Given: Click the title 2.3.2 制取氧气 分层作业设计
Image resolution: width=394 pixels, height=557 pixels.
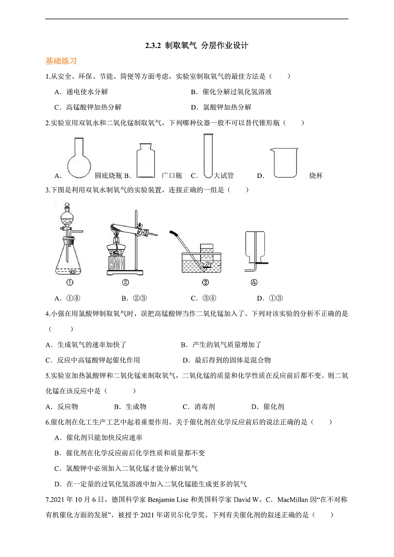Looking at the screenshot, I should pyautogui.click(x=197, y=45).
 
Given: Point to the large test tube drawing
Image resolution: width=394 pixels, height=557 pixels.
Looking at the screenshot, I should pyautogui.click(x=208, y=155).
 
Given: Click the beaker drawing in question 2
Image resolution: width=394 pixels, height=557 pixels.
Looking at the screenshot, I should pyautogui.click(x=284, y=162).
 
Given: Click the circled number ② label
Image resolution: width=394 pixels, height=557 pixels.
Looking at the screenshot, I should pyautogui.click(x=126, y=283).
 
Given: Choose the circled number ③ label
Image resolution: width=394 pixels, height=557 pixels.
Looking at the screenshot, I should pyautogui.click(x=205, y=283).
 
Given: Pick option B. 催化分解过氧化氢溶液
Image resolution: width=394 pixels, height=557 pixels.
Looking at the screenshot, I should pyautogui.click(x=231, y=92).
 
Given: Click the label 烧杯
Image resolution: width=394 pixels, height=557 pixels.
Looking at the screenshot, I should pyautogui.click(x=316, y=176).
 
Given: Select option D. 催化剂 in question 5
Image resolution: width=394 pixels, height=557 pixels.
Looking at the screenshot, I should pyautogui.click(x=268, y=407).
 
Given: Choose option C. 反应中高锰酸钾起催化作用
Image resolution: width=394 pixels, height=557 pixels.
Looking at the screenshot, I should pyautogui.click(x=93, y=360).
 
